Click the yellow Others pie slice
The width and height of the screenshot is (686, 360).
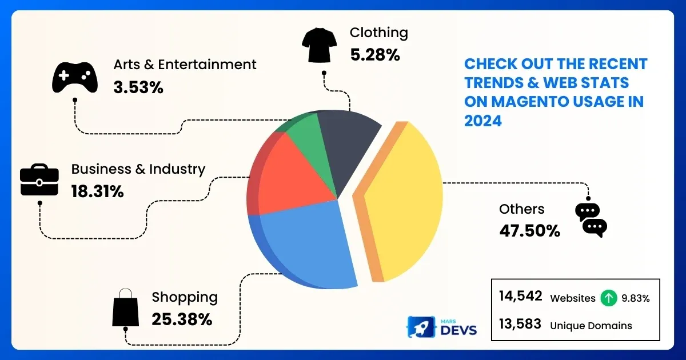(403, 200)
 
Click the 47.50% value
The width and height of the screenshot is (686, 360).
(529, 231)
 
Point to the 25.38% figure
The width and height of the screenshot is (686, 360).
(182, 319)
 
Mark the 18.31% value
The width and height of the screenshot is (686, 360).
(97, 191)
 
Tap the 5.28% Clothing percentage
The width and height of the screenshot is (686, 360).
(374, 55)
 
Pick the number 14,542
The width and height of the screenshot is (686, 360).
(520, 297)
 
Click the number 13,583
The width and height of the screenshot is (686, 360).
(520, 324)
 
